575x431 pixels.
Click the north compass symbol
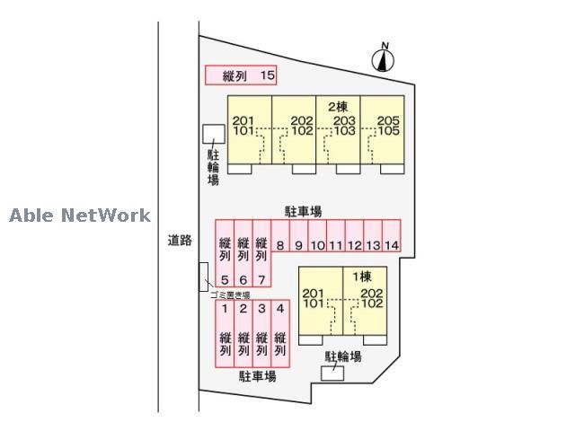pyautogui.click(x=384, y=59)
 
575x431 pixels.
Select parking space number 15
pyautogui.click(x=241, y=76)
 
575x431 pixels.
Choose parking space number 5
pyautogui.click(x=225, y=257)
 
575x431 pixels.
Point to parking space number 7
pyautogui.click(x=261, y=257)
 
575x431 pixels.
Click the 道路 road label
pyautogui.click(x=180, y=241)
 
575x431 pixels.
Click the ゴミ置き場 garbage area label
pyautogui.click(x=230, y=295)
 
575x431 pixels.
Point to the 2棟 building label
pyautogui.click(x=338, y=107)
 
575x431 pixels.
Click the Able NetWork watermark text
pyautogui.click(x=80, y=215)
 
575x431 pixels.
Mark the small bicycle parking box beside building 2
pyautogui.click(x=213, y=134)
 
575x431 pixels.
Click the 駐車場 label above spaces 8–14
pyautogui.click(x=304, y=212)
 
